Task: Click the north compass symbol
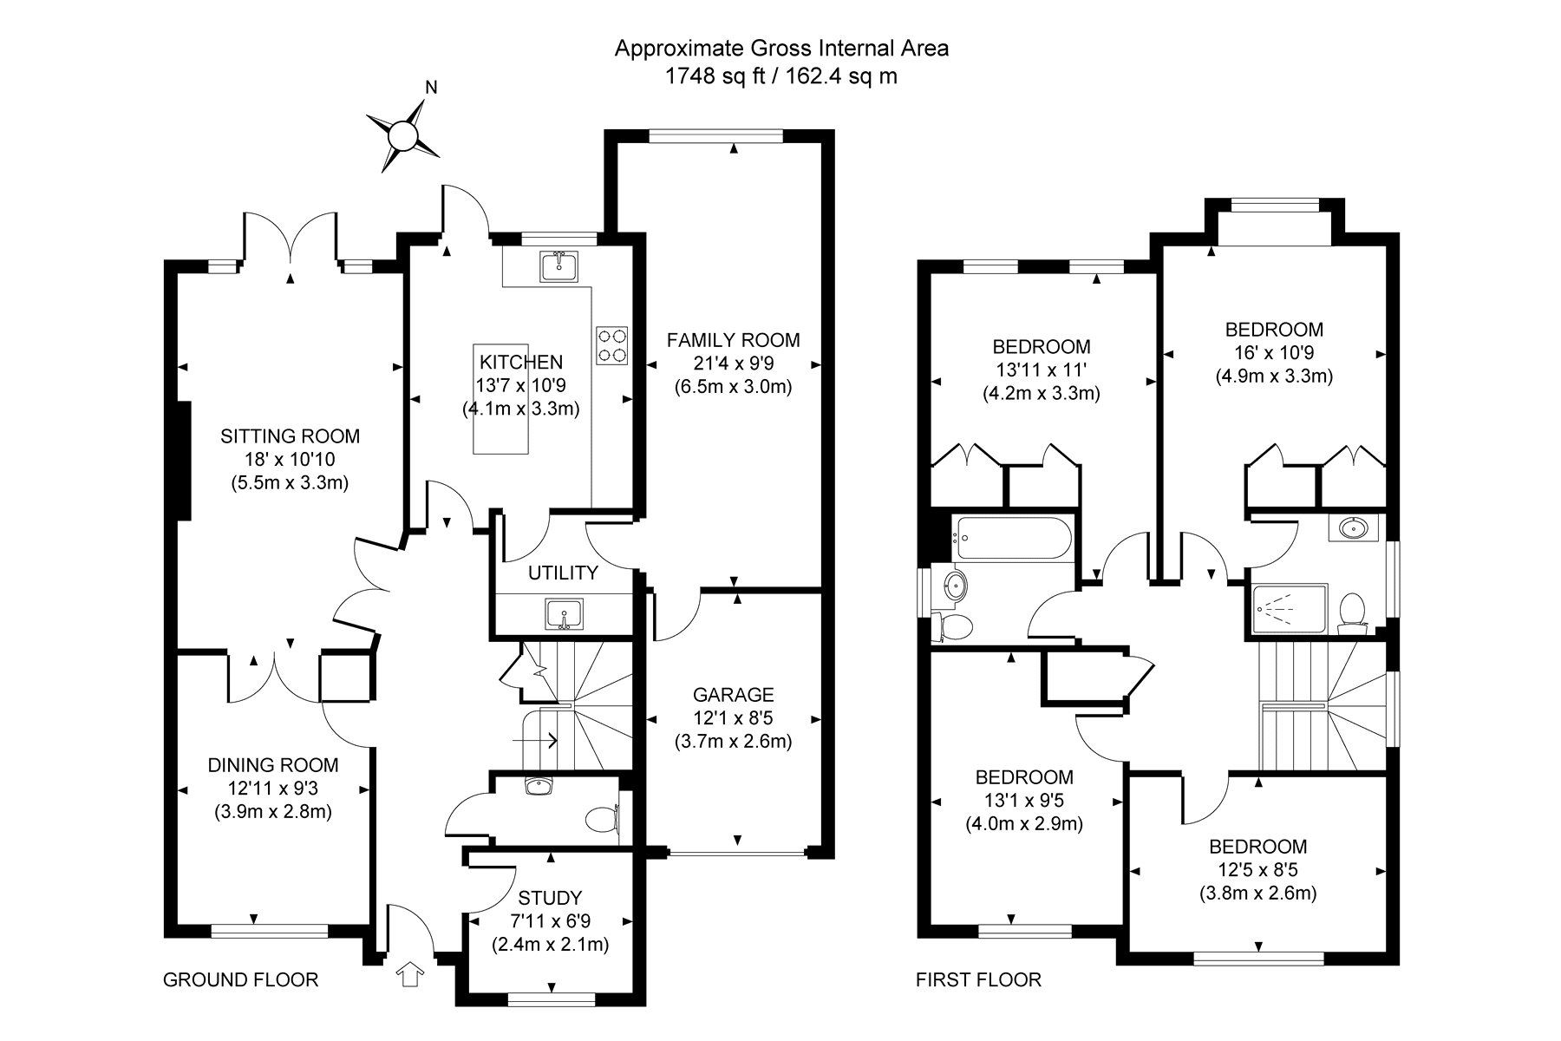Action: point(402,135)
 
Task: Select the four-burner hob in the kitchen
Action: point(612,344)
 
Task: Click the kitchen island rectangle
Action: point(500,399)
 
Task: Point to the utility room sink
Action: point(564,614)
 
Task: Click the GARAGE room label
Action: point(733,695)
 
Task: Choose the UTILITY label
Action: point(564,573)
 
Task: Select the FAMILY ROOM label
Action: point(733,340)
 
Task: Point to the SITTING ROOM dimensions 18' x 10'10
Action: point(290,460)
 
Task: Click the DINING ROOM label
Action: point(273,765)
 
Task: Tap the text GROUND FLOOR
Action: point(241,980)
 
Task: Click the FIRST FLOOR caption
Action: point(979,980)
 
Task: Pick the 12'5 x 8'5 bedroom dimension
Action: point(1258,870)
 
